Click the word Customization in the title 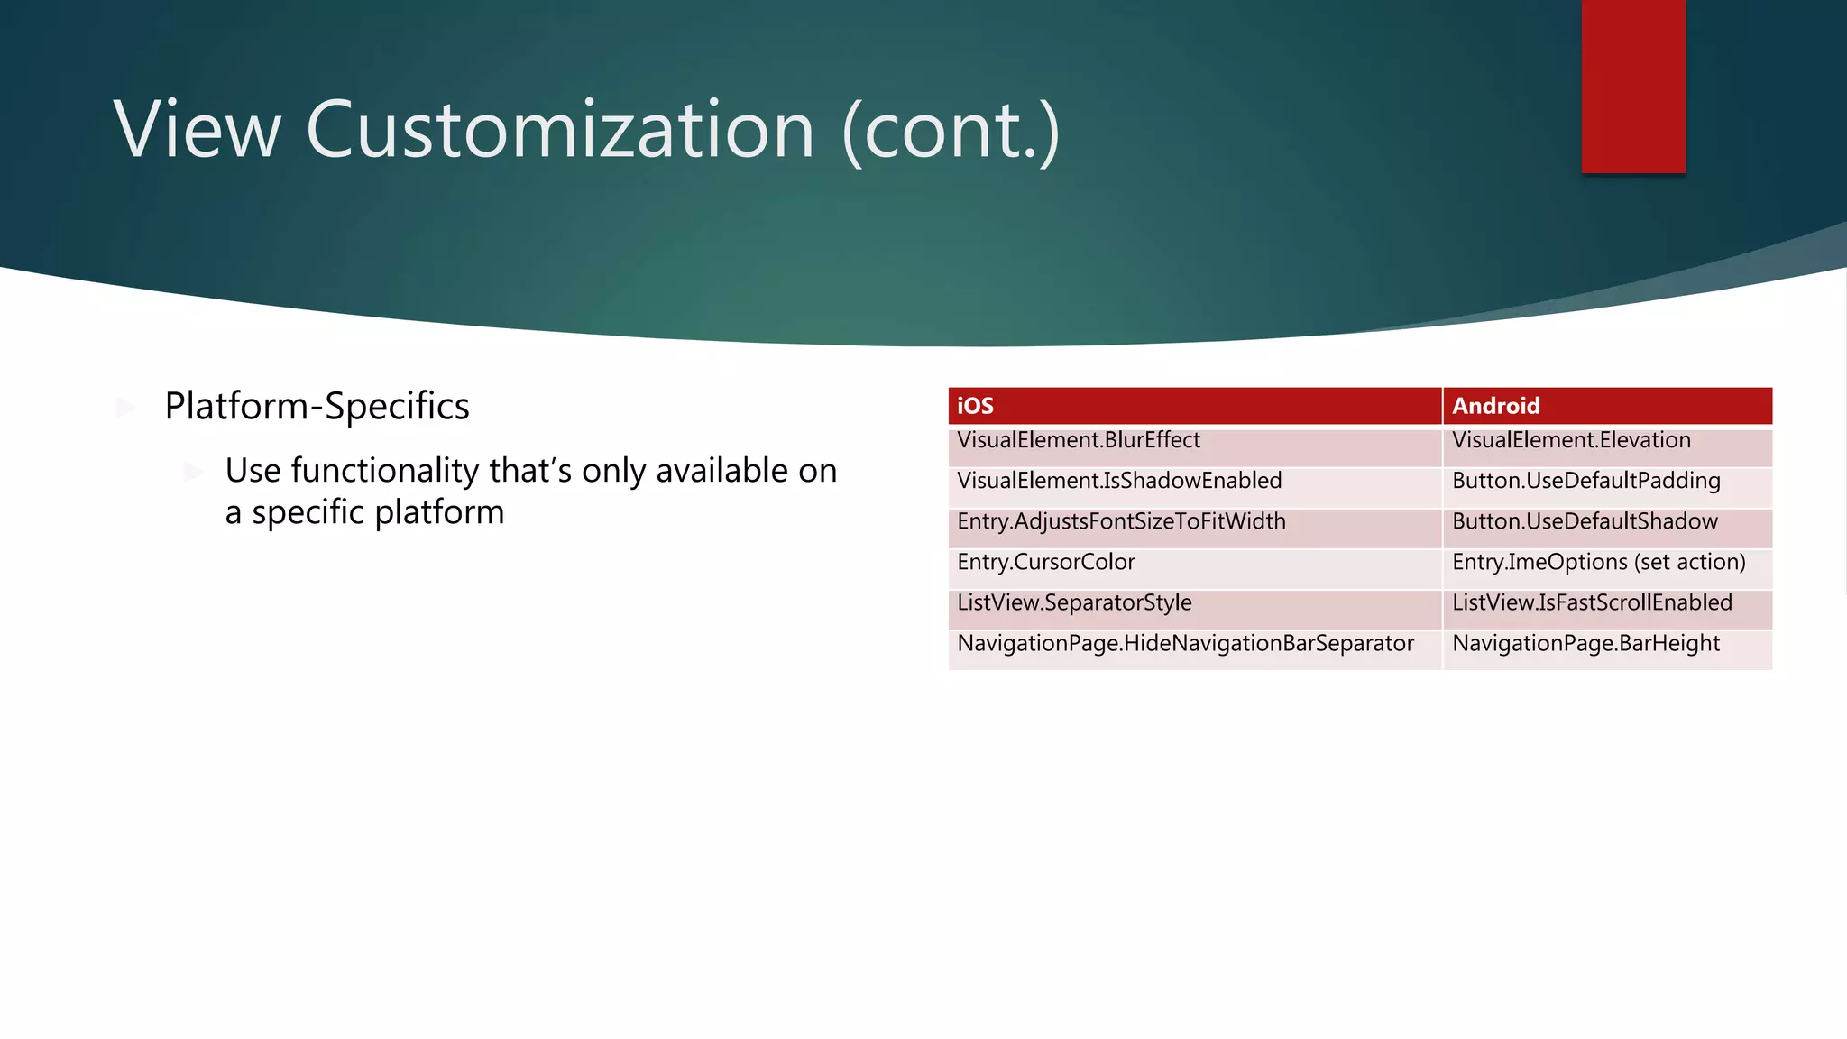pos(560,131)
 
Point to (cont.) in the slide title pos(951,131)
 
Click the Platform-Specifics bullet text pos(317,407)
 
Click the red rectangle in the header pos(1632,86)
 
